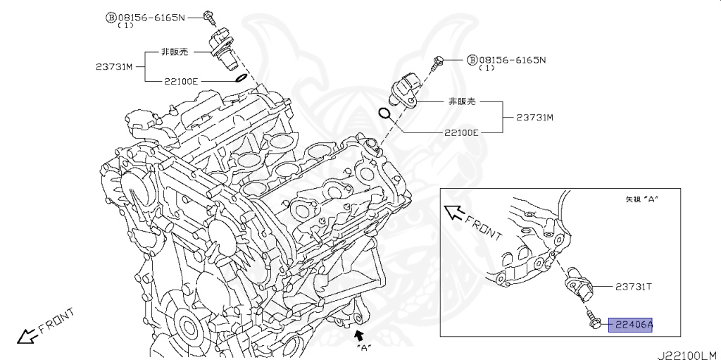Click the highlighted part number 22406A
coord(631,325)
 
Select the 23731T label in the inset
coord(633,287)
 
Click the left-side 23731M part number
coord(114,67)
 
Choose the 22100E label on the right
coord(461,132)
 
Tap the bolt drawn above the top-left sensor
coord(208,16)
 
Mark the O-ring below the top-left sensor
coord(240,77)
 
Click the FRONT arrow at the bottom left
coord(28,337)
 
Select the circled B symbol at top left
coord(111,16)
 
